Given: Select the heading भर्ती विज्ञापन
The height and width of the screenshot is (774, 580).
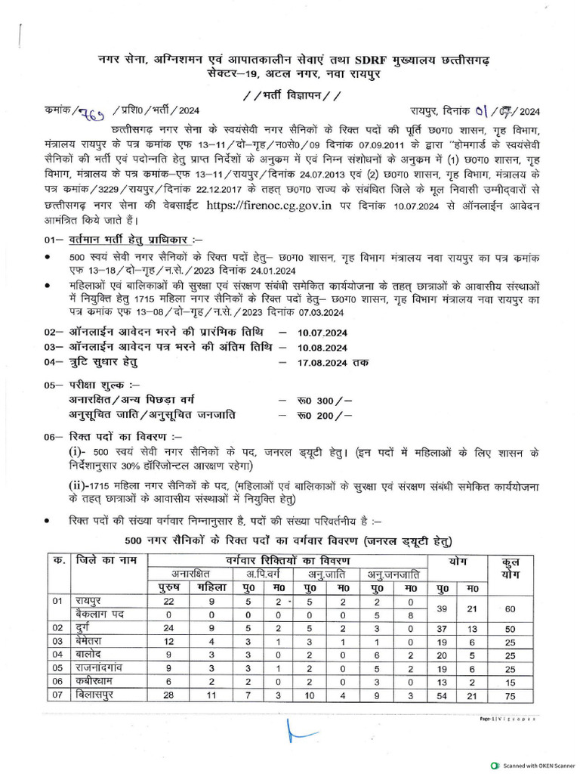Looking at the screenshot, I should tap(291, 95).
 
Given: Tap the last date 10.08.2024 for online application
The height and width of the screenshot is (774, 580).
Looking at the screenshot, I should tap(322, 348).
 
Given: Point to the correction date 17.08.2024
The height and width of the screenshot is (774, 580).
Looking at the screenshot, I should tap(322, 362).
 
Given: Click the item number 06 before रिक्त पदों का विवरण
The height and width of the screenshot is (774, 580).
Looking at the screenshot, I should tap(51, 437).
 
